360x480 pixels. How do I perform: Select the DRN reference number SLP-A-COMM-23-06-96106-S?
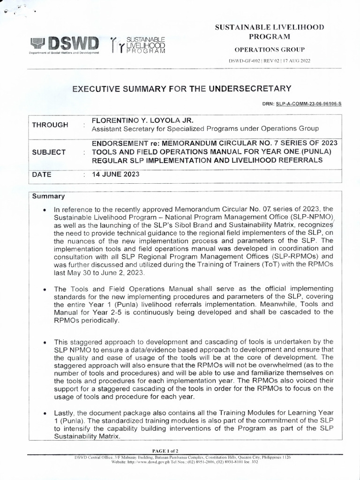pyautogui.click(x=308, y=103)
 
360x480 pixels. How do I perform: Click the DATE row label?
pyautogui.click(x=42, y=174)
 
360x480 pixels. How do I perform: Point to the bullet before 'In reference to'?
pyautogui.click(x=44, y=209)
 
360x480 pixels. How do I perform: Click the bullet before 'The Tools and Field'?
pyautogui.click(x=44, y=289)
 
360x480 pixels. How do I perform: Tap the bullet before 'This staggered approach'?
pyautogui.click(x=44, y=342)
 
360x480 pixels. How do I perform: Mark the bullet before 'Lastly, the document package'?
pyautogui.click(x=44, y=413)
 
